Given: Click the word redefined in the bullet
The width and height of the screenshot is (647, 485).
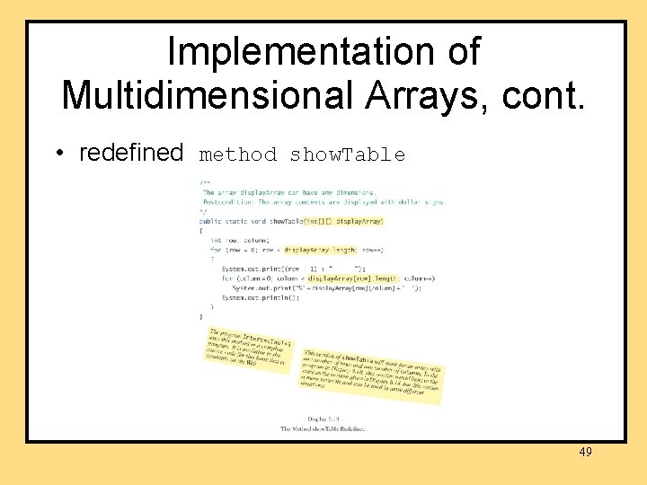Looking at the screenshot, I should [131, 154].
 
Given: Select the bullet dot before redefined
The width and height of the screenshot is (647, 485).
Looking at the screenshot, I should [58, 154].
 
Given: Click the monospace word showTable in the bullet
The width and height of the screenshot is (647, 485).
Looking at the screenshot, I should [348, 155].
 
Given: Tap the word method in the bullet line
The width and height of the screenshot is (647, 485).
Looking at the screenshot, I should [238, 155].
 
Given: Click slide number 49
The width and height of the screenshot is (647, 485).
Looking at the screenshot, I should [585, 452].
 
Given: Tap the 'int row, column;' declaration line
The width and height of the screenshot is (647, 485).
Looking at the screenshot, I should [239, 240].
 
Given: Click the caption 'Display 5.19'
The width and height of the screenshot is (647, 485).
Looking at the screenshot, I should [323, 419].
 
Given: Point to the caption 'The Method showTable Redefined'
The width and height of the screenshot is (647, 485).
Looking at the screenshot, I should [323, 429].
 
